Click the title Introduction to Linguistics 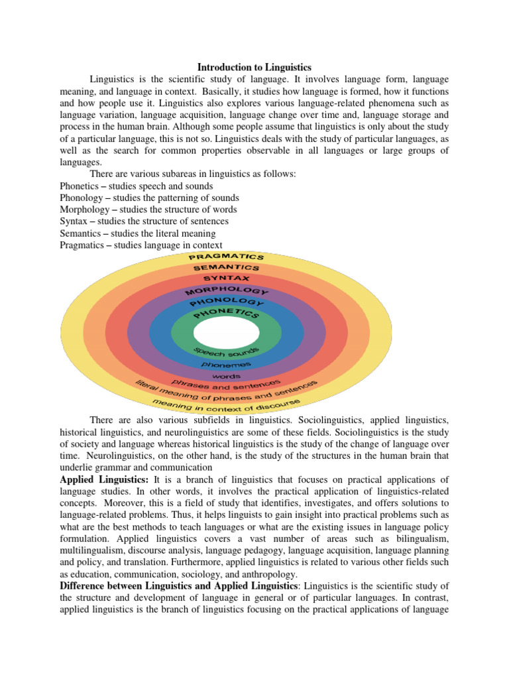click(x=255, y=68)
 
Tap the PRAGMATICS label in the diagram click(x=227, y=256)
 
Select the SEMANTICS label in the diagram click(x=227, y=267)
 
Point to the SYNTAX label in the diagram click(x=226, y=278)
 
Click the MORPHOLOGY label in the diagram click(x=227, y=291)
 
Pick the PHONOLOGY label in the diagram click(x=227, y=302)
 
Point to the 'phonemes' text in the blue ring click(x=227, y=364)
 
